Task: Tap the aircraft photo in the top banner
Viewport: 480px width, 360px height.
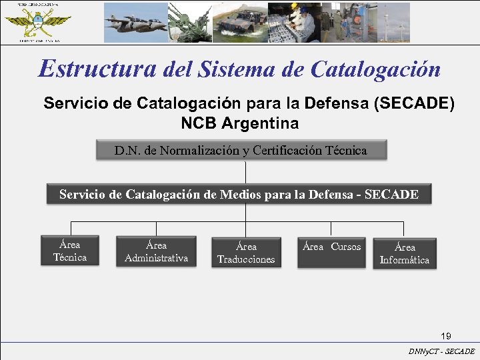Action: pos(135,22)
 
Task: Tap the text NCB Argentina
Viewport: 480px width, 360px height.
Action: pos(239,124)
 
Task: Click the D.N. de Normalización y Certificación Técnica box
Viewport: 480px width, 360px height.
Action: pos(240,151)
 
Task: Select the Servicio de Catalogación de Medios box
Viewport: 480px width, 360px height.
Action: pos(239,195)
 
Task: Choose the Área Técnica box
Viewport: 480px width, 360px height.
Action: pos(70,251)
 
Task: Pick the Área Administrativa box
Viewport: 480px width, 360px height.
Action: pos(156,251)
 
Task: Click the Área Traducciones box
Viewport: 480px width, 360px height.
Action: pos(246,253)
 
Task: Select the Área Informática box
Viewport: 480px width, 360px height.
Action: pos(405,253)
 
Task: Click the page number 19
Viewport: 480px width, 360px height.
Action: pos(446,335)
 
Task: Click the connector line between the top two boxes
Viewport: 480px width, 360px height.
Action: pos(246,172)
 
